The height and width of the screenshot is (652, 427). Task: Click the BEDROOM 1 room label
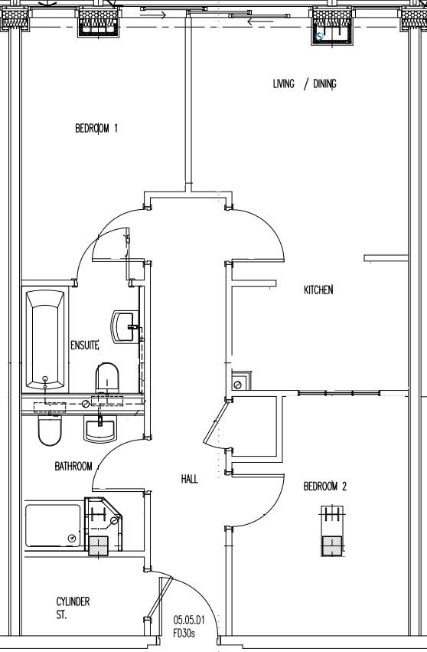(x=96, y=129)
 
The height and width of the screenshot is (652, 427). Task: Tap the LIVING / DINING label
(x=305, y=84)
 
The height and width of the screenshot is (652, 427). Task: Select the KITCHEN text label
(x=318, y=290)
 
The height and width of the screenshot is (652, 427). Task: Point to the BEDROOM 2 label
(x=324, y=486)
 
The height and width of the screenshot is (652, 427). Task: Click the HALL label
(x=190, y=479)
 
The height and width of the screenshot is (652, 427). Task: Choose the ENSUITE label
(x=85, y=345)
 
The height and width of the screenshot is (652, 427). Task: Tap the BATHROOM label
(x=73, y=467)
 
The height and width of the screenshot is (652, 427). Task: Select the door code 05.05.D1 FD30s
(x=189, y=627)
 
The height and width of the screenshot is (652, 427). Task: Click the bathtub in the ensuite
(x=45, y=339)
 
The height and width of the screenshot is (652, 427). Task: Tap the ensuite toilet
(x=107, y=377)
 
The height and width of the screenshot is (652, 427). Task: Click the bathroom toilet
(x=50, y=430)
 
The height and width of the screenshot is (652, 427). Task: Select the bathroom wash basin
(x=100, y=430)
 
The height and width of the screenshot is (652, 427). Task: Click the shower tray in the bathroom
(x=53, y=526)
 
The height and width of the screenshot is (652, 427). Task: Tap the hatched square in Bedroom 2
(x=332, y=546)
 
